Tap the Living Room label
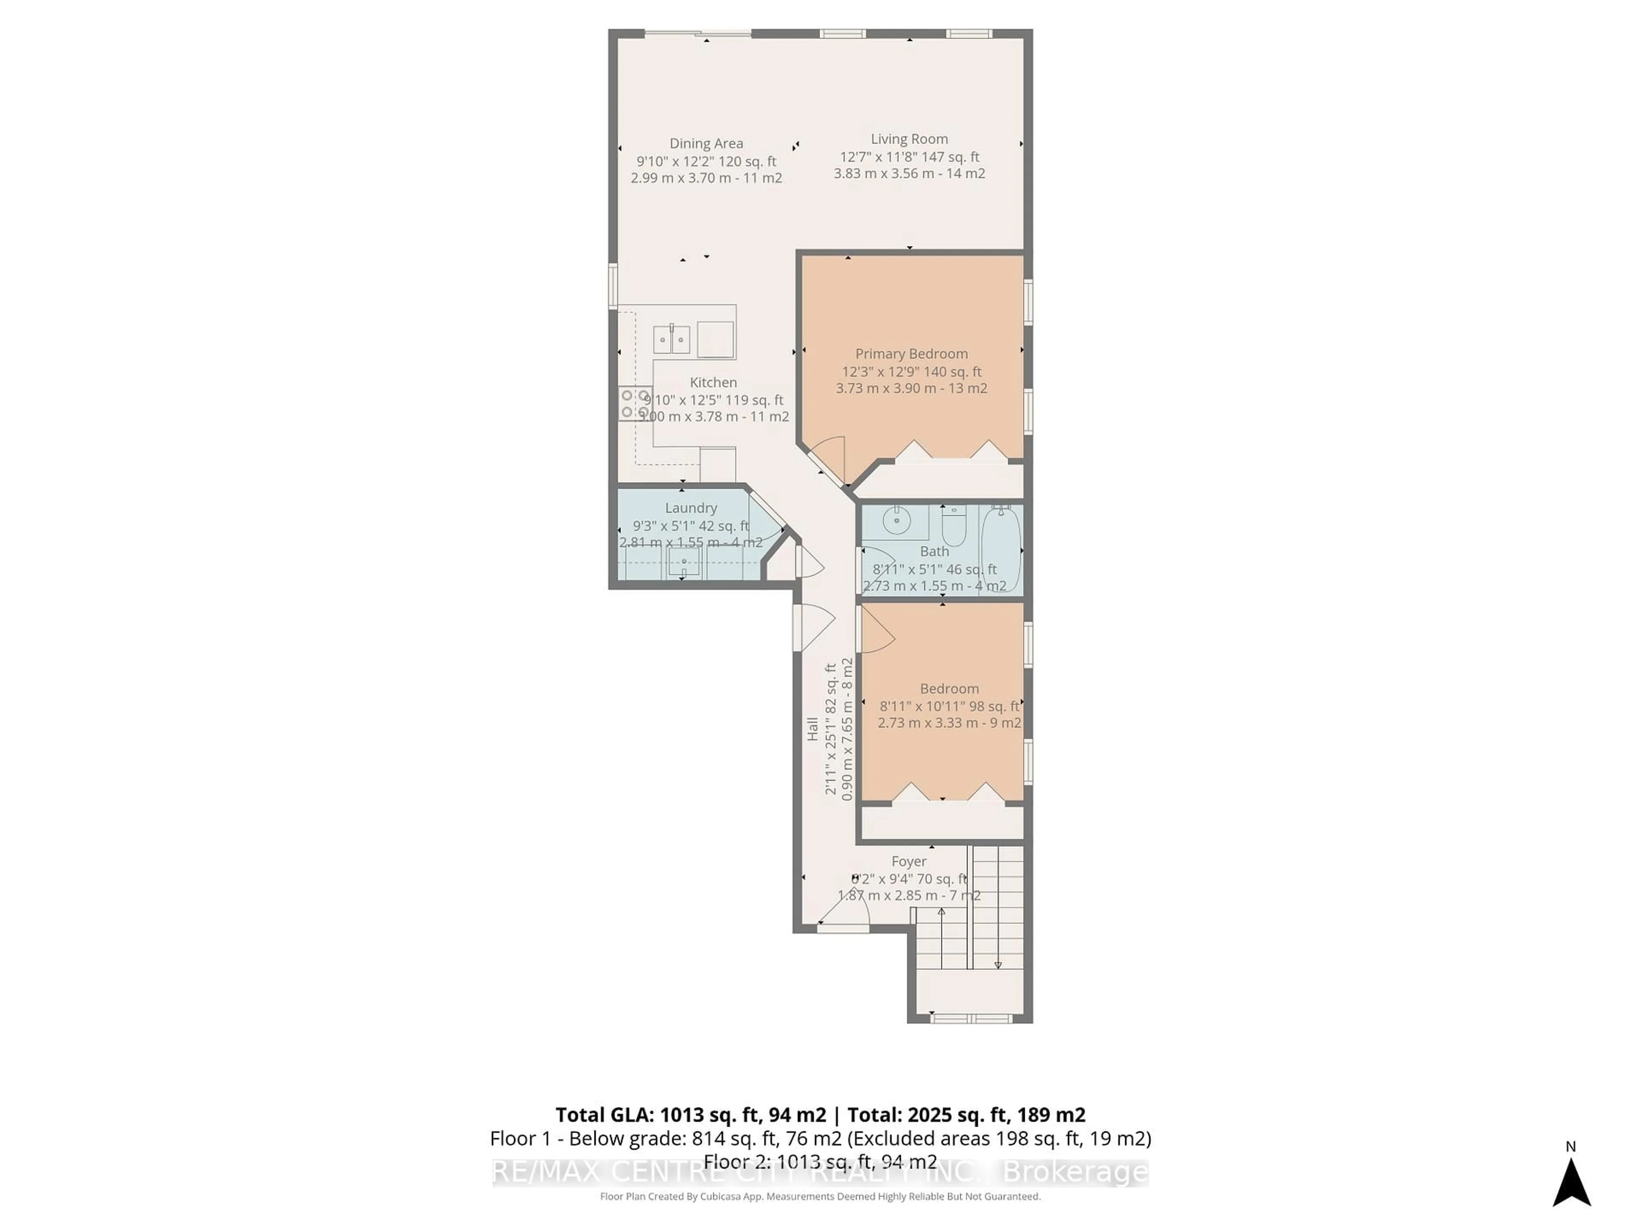coord(909,139)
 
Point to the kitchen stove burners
coord(636,403)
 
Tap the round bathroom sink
coord(897,521)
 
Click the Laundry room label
coord(691,508)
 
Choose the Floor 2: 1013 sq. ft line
coord(820,1162)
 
